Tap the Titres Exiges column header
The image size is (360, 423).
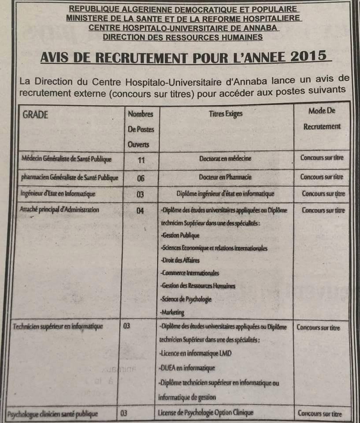pyautogui.click(x=226, y=114)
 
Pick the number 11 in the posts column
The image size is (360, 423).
pyautogui.click(x=141, y=160)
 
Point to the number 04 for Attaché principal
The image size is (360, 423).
pyautogui.click(x=140, y=211)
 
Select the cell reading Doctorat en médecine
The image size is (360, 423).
pyautogui.click(x=225, y=159)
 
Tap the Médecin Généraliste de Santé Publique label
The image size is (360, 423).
pyautogui.click(x=67, y=159)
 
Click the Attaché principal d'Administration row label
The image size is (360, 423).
pyautogui.click(x=59, y=210)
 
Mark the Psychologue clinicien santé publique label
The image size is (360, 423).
pyautogui.click(x=52, y=414)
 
